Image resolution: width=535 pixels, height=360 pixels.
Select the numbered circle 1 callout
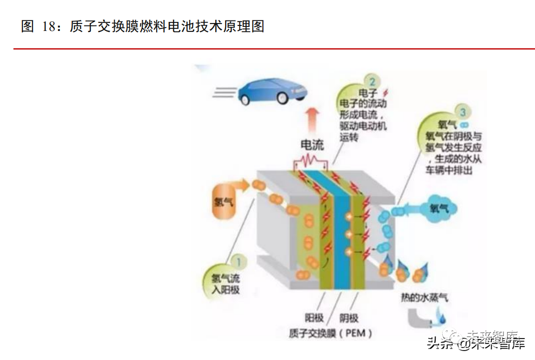[x=239, y=260]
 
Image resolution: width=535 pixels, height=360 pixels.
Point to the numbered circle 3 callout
[x=464, y=113]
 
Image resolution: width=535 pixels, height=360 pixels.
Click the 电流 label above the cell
[x=312, y=145]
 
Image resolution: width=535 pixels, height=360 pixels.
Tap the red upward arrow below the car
[x=312, y=120]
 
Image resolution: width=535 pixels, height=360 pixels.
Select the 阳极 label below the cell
[x=314, y=318]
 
